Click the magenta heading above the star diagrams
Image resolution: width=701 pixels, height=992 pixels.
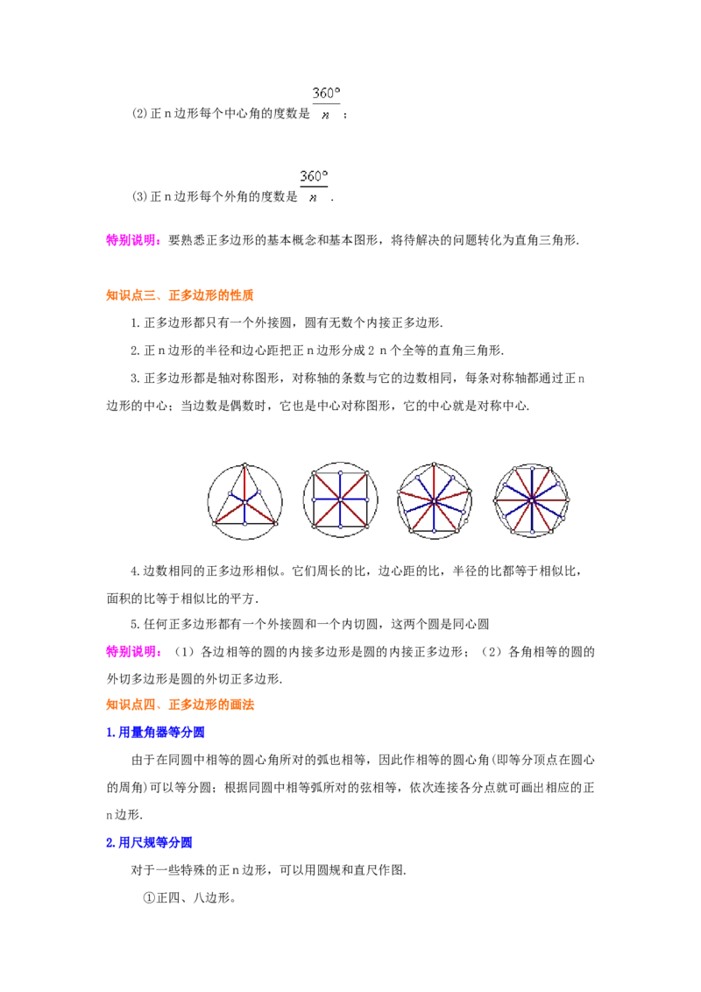[132, 240]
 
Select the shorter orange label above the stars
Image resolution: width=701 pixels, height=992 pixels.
[132, 295]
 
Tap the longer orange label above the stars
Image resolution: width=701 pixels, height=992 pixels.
[212, 295]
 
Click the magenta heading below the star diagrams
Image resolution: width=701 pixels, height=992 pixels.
[132, 651]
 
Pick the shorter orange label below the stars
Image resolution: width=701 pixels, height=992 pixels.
[132, 705]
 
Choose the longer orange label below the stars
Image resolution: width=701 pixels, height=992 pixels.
[212, 705]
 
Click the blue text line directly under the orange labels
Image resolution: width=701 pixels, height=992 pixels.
[156, 732]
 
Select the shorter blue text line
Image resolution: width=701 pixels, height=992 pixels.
[149, 843]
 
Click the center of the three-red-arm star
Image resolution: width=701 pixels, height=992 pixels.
[244, 502]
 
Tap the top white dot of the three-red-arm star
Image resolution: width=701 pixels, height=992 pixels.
[244, 465]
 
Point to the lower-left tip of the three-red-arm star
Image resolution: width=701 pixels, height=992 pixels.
[214, 523]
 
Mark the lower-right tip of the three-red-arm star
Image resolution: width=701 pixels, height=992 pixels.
[276, 523]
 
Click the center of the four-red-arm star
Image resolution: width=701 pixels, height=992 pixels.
[340, 500]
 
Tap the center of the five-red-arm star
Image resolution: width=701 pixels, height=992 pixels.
[434, 501]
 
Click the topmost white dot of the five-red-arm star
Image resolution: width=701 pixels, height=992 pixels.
[434, 464]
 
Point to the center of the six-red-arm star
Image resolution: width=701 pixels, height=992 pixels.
[531, 500]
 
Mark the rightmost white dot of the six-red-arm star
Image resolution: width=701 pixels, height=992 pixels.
[569, 500]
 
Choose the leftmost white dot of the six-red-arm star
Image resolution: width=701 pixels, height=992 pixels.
[495, 500]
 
